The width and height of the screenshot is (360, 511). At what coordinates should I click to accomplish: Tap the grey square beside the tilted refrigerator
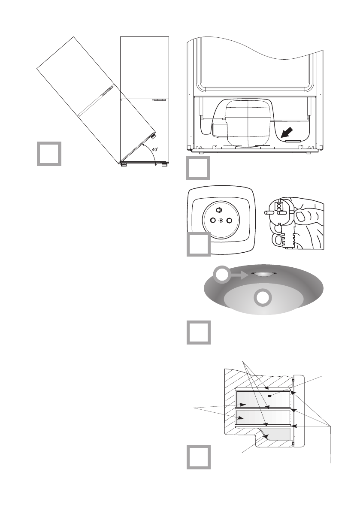(x=48, y=153)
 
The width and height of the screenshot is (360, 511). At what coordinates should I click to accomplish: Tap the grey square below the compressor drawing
(x=198, y=168)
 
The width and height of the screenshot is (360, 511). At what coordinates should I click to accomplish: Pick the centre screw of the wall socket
(x=221, y=220)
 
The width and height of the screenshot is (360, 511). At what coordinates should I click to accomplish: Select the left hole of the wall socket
(x=212, y=220)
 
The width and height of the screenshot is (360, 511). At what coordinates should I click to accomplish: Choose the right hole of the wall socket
(x=230, y=220)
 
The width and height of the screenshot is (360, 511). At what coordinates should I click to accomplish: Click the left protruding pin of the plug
(x=270, y=212)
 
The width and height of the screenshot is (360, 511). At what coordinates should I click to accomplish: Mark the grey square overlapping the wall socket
(x=198, y=245)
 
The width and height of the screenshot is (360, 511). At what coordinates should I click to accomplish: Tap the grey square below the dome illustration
(x=198, y=333)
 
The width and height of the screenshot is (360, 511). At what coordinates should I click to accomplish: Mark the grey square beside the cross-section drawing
(x=198, y=457)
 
